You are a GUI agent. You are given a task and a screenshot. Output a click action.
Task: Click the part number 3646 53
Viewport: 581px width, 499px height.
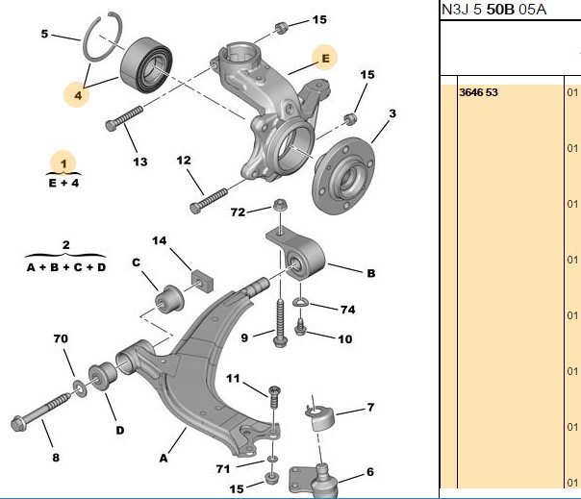pos(478,92)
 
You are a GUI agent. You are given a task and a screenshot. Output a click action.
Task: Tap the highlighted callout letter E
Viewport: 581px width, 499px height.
pos(325,58)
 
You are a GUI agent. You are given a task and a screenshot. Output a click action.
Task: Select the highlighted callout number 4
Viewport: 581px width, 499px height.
pos(78,95)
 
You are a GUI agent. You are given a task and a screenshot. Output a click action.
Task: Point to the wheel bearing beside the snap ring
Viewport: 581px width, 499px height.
pos(147,64)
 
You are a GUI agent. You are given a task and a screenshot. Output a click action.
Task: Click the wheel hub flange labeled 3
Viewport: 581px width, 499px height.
pos(343,176)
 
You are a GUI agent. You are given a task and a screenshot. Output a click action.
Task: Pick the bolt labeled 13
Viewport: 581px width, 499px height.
pos(124,117)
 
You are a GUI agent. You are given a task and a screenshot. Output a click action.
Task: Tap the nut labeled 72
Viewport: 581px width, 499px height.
pos(280,205)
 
